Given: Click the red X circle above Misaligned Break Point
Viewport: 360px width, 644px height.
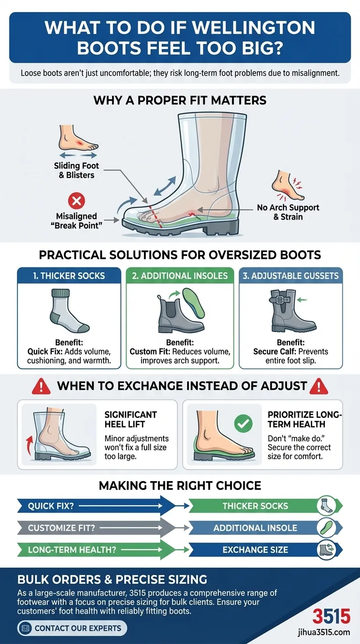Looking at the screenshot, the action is pos(76,201).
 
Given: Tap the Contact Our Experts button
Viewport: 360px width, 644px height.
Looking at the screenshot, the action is pos(72,628).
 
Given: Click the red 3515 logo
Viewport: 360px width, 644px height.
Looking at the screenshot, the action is pos(331,616).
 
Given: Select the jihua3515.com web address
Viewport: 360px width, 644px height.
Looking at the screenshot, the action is pos(324,632).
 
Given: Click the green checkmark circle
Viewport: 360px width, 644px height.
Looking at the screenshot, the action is pos(243,423).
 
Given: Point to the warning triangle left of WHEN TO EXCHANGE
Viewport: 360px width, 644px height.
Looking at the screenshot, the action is pos(41,386).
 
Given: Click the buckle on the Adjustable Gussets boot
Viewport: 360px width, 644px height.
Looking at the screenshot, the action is pos(279,300).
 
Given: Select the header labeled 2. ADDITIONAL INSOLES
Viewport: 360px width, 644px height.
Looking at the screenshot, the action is pos(180,276).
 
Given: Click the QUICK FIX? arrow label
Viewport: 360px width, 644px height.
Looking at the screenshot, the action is pos(51,506).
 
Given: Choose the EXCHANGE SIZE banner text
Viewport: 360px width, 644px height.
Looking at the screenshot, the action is pos(255,550).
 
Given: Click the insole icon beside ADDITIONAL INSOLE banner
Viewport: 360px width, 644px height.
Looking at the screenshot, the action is pos(327,527).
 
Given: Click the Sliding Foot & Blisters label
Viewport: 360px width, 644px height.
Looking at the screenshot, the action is pos(76,170).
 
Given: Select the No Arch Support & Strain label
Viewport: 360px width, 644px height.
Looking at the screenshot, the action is pos(288,212).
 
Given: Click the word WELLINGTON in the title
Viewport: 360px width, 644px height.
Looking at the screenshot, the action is pos(254,28).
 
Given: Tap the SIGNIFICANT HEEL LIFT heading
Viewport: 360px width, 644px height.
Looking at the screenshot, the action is pos(130,419).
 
